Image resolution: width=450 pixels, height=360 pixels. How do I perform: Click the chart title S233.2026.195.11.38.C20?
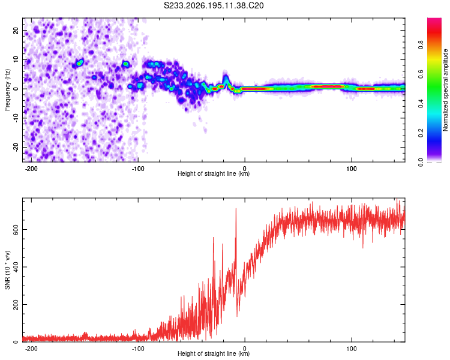[x=214, y=5]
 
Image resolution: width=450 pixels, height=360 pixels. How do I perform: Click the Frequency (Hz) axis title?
[x=7, y=90]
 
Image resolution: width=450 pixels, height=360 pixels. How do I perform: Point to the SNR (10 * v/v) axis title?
[x=7, y=270]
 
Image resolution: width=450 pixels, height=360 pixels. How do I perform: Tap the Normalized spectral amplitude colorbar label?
[x=445, y=90]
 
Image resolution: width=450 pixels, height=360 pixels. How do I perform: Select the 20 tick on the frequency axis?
[x=16, y=31]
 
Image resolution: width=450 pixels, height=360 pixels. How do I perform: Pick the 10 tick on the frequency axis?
[x=16, y=60]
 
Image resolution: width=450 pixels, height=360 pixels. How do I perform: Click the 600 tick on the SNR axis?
[x=16, y=230]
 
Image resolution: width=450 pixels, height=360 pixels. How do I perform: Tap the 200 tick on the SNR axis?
[x=16, y=304]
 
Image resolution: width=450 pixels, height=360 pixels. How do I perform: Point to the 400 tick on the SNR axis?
[x=16, y=267]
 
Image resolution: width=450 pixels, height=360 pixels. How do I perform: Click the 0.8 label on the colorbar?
[x=421, y=45]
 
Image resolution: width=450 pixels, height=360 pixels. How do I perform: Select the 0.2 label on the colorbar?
[x=421, y=133]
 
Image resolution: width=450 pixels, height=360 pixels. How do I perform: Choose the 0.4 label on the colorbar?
[x=421, y=104]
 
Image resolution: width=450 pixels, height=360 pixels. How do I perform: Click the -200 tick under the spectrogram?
[x=31, y=169]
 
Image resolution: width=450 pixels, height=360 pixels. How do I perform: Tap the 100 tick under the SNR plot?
[x=352, y=349]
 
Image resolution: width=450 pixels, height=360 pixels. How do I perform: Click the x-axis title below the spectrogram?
[x=214, y=173]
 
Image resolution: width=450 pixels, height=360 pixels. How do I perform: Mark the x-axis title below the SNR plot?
[x=214, y=353]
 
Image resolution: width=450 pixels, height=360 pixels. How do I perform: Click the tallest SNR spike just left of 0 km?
[x=236, y=209]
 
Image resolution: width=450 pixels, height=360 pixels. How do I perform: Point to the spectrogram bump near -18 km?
[x=226, y=79]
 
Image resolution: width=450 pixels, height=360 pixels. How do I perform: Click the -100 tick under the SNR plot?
[x=138, y=349]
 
